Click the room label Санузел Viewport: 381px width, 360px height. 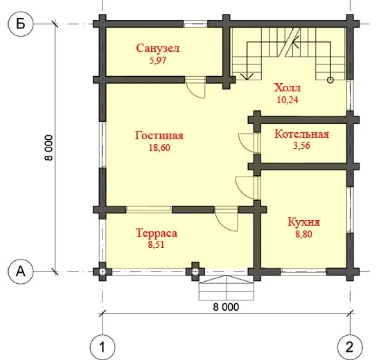point(158,48)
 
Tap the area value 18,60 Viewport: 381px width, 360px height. point(159,147)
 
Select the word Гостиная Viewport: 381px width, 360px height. point(159,136)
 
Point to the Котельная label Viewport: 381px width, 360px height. point(301,134)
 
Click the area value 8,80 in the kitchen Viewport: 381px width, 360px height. point(303,234)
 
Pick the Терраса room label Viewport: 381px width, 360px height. point(157,233)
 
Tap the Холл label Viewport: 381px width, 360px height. point(287,88)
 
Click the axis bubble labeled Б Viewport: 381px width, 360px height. point(20,24)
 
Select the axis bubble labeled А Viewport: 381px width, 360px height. point(20,271)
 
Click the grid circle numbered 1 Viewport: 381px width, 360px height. point(103,347)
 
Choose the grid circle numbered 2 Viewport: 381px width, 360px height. point(350,347)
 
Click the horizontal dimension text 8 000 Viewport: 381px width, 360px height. point(226,307)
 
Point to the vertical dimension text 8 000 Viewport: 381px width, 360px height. point(48,147)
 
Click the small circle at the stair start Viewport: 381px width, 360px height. point(330,80)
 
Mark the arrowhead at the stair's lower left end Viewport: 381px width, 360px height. point(247,77)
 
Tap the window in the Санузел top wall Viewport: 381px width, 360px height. point(195,24)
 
